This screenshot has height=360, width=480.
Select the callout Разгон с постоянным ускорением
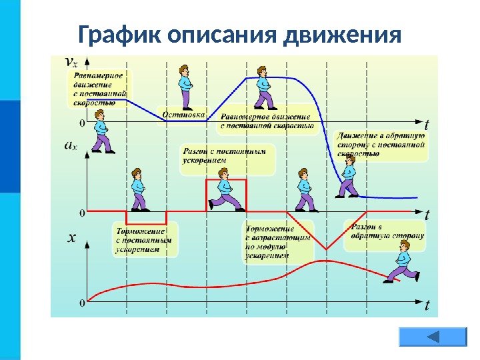point(227,156)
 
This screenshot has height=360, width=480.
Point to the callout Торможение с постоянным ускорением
point(144,238)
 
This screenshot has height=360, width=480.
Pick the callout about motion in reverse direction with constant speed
point(381,144)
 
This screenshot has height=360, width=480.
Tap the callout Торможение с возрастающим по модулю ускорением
point(278,241)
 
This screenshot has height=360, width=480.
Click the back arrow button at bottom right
point(432,337)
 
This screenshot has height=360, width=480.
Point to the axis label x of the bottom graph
point(71,237)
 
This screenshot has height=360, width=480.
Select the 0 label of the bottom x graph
point(82,303)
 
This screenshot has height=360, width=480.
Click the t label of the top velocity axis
point(427,124)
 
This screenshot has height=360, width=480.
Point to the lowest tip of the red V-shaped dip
point(326,249)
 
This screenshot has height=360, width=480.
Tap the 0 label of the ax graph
point(82,213)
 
